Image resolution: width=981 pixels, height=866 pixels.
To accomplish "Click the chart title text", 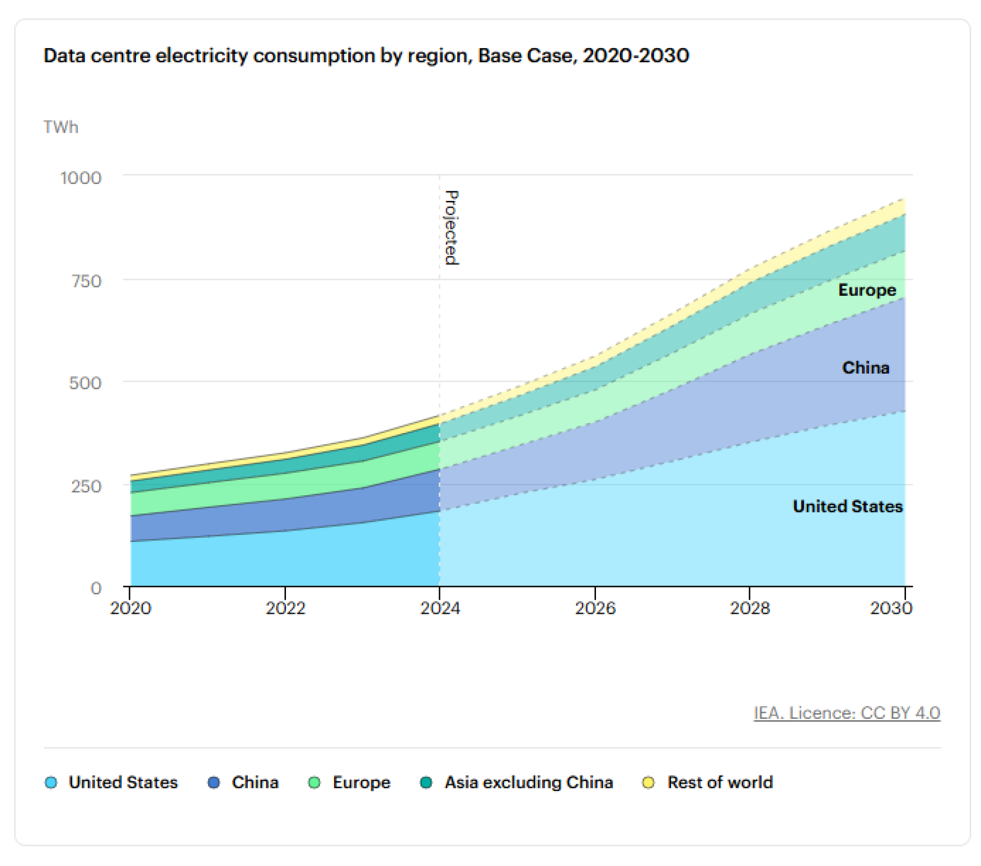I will point(366,55).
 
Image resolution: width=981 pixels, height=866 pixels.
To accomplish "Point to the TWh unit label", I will point(61,127).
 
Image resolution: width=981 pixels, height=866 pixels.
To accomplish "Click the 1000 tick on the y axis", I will point(80,178).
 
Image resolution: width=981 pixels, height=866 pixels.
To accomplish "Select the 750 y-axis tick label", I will point(86,281).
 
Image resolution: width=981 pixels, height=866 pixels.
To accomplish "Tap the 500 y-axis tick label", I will point(85,382).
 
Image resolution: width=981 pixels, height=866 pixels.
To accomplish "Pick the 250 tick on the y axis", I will point(86,486).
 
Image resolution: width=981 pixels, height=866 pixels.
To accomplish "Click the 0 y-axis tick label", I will point(96,587).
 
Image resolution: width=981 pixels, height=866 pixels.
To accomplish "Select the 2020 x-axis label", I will point(130,608).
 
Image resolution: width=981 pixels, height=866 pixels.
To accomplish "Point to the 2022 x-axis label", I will point(285,608).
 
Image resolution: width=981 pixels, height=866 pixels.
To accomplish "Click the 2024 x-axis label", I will point(440,608).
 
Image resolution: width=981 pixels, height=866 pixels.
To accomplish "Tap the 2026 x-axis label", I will point(595,608).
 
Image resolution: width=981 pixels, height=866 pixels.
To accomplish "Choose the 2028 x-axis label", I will point(750,608).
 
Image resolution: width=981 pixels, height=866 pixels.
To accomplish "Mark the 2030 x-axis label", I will point(891,608).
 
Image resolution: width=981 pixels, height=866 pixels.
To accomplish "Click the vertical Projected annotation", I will point(451,228).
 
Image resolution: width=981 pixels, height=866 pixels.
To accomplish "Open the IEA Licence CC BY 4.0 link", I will point(847,713).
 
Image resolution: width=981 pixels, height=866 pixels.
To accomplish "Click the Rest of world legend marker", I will point(648,782).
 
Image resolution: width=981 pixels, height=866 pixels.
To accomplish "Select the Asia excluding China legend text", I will point(529,782).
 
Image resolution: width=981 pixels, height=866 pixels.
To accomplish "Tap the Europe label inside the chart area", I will point(867,290).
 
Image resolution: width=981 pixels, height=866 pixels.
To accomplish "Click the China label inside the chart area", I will point(866,367).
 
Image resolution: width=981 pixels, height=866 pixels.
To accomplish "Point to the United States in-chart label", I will point(848,506).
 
